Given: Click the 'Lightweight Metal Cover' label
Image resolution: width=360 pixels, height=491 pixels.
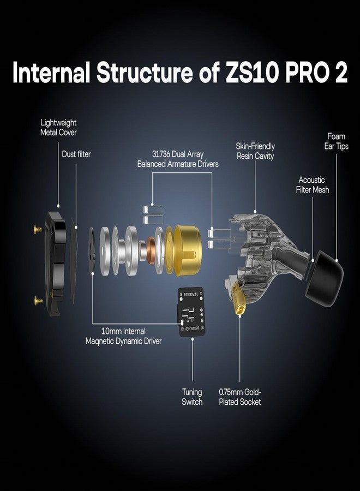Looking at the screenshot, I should point(58,128).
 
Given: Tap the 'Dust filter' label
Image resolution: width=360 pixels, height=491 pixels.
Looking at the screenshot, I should point(76,154).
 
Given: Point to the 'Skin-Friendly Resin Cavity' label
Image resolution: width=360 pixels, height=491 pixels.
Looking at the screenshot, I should point(255,151).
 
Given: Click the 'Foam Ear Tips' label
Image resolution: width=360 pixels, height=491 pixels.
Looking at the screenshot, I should point(337,141).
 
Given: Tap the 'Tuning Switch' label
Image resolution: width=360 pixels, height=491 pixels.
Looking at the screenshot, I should point(192,397).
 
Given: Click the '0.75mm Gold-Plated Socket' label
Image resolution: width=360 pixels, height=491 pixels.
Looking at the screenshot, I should point(239,397).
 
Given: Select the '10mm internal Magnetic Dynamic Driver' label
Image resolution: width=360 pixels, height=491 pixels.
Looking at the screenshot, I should point(123,336).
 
